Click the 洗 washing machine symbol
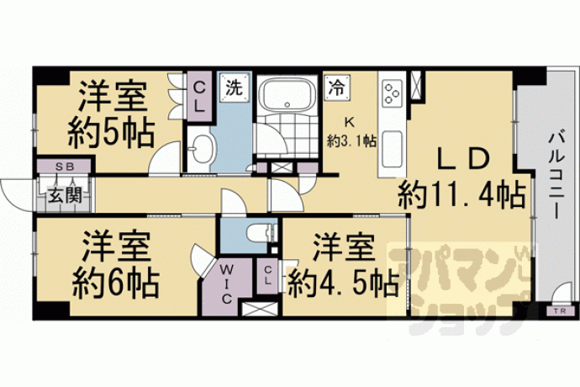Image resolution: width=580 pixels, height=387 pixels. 235,87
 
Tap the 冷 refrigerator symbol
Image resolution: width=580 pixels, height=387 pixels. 337,87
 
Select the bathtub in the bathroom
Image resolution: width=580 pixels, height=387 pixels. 287,95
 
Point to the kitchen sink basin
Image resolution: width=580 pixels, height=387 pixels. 392,149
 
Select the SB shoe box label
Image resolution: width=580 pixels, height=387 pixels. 65,167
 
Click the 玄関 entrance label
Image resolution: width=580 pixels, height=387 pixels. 65,195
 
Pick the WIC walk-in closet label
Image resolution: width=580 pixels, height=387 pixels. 226,284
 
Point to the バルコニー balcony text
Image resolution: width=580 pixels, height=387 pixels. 556,177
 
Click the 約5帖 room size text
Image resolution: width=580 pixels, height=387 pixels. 111,133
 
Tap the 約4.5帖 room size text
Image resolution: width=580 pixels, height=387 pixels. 343,284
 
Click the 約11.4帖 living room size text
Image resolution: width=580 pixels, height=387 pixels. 462,194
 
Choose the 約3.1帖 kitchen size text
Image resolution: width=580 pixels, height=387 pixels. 351,140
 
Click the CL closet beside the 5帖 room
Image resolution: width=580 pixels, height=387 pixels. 199,97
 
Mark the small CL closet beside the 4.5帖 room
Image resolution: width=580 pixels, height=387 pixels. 267,276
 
